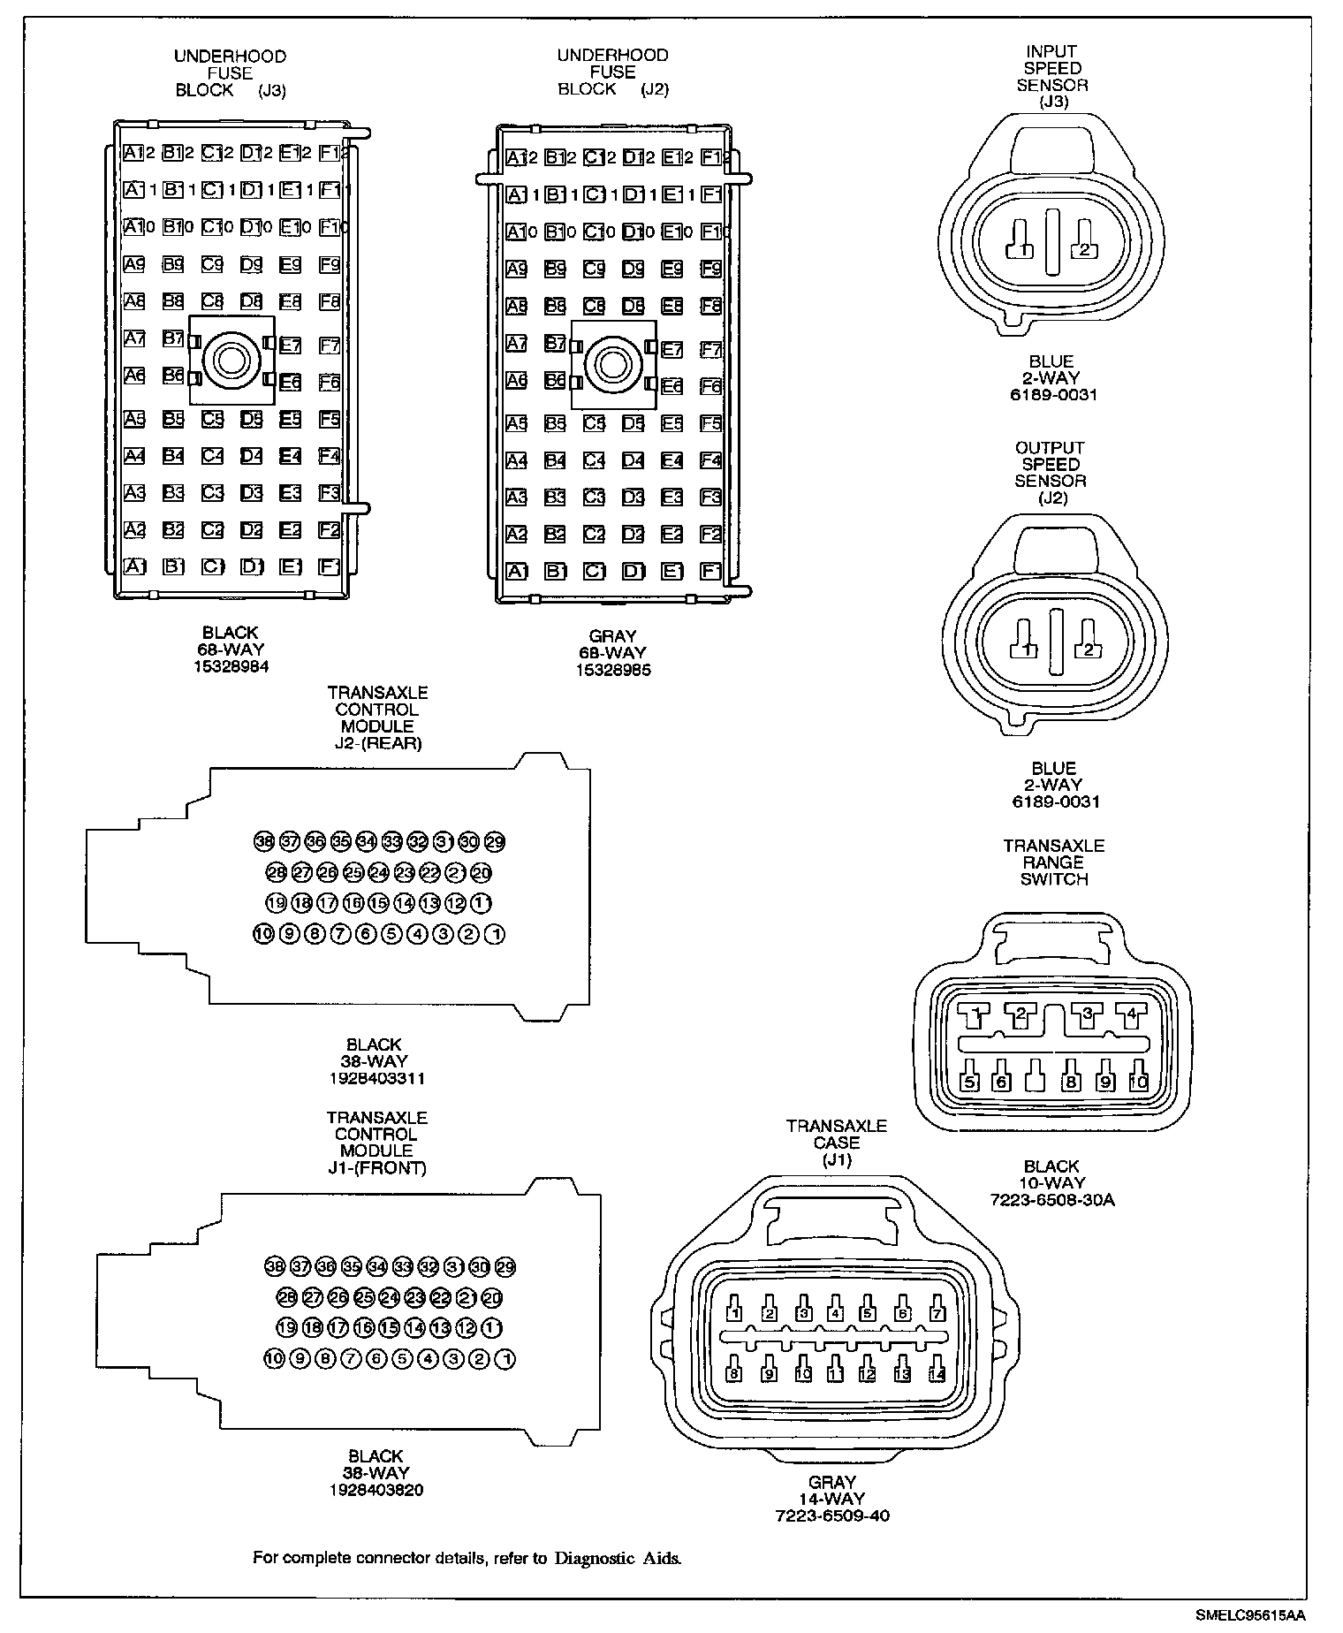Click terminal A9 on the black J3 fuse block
pyautogui.click(x=134, y=264)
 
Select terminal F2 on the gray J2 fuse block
pyautogui.click(x=711, y=534)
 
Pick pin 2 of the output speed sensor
pyautogui.click(x=1088, y=649)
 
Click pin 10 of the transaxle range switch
pyautogui.click(x=1138, y=1081)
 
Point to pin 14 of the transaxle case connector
pyautogui.click(x=937, y=1374)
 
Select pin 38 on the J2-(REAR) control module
pyautogui.click(x=264, y=841)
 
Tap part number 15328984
pyautogui.click(x=231, y=667)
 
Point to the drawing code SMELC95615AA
pyautogui.click(x=1250, y=1614)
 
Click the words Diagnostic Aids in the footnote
pyautogui.click(x=618, y=1558)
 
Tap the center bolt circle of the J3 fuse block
pyautogui.click(x=231, y=360)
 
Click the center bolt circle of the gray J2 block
pyautogui.click(x=613, y=364)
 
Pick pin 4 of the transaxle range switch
pyautogui.click(x=1131, y=1014)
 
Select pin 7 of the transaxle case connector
pyautogui.click(x=936, y=1313)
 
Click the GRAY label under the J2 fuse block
pyautogui.click(x=612, y=636)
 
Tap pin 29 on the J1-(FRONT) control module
pyautogui.click(x=505, y=1266)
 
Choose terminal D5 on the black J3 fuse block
pyautogui.click(x=251, y=418)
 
